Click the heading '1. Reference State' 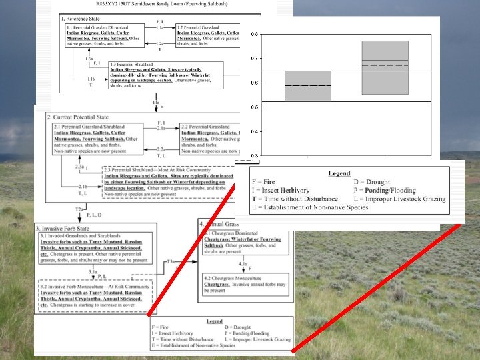coord(81,19)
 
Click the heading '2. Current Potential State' coord(81,117)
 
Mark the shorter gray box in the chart coord(308,86)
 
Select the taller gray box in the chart coord(385,68)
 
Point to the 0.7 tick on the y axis coord(255,59)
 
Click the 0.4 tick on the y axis coord(255,131)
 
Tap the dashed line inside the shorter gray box coord(308,85)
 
